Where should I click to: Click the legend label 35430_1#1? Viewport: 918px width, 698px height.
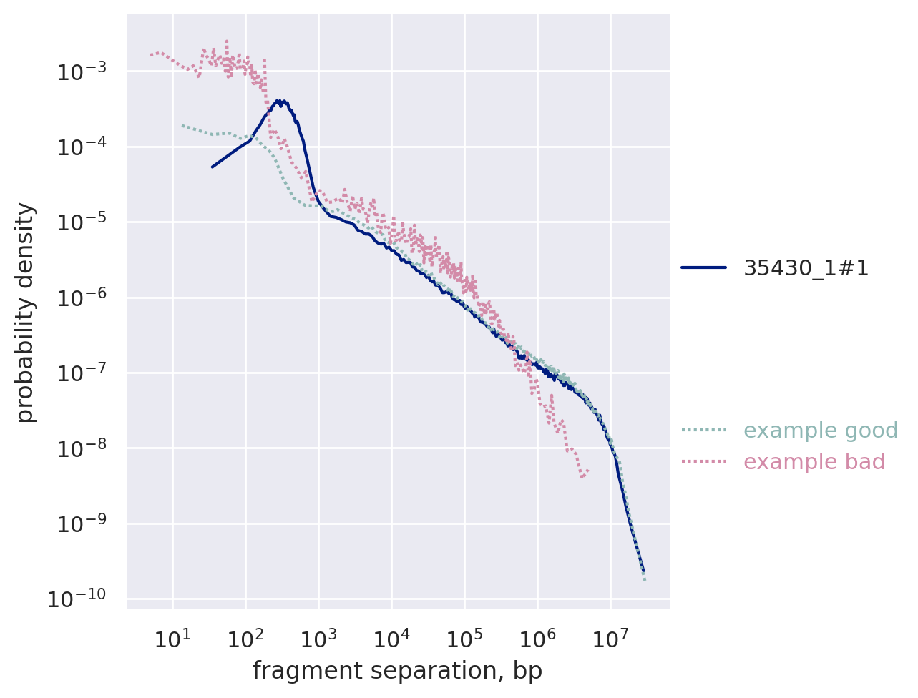[806, 268]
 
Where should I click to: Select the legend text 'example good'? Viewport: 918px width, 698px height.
[820, 431]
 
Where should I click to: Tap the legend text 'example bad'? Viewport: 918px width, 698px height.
[814, 462]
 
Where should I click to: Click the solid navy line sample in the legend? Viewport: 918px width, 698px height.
[703, 268]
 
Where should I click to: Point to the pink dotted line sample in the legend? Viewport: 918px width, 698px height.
[703, 462]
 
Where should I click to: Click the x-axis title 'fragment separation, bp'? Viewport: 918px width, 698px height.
[397, 672]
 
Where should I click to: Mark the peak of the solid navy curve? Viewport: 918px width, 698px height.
[280, 101]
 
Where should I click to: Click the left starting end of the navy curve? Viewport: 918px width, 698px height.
[212, 167]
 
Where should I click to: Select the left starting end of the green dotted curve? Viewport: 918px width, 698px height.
[182, 125]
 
